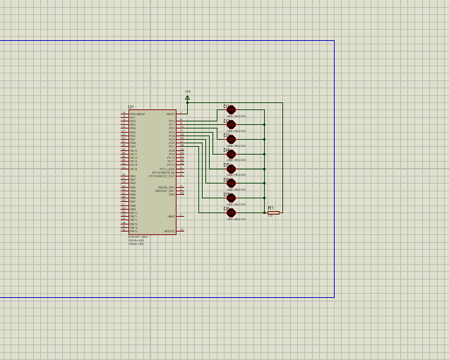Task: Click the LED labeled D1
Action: [231, 109]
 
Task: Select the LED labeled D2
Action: [231, 124]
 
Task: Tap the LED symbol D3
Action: [231, 139]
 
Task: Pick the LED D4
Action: [231, 154]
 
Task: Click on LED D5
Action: [231, 168]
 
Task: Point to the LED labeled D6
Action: [231, 184]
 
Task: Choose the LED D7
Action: [231, 198]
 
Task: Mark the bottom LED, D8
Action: [231, 212]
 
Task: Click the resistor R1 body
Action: [273, 212]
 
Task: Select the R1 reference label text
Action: [270, 208]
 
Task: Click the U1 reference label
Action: [131, 107]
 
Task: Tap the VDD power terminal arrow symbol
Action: [187, 97]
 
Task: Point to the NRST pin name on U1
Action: [170, 114]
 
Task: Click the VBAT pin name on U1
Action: [171, 217]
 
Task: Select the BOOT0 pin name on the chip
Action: [169, 232]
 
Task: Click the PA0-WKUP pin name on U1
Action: [137, 114]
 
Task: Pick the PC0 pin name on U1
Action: [172, 121]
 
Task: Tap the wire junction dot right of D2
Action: [264, 124]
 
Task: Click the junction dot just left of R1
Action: [264, 212]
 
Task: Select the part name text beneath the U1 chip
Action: [138, 237]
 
